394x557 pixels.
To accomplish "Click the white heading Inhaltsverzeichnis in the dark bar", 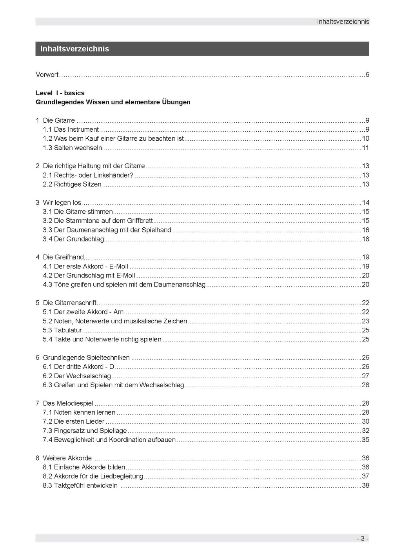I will click(74, 49).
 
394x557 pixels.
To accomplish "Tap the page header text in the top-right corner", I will click(343, 22).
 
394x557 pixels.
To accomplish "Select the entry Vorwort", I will click(47, 75).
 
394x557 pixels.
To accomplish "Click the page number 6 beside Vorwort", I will click(367, 75).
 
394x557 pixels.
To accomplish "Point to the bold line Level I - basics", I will click(60, 93).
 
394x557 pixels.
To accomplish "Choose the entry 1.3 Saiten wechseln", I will click(73, 148).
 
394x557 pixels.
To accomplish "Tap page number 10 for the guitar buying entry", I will click(365, 139).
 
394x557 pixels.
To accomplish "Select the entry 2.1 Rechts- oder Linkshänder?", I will click(88, 175).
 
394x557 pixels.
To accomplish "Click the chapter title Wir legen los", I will click(62, 203).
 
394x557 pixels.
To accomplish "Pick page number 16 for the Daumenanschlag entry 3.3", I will click(365, 230).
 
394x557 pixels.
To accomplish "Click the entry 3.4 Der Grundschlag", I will click(73, 239).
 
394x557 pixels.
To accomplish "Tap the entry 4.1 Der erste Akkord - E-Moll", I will click(85, 267).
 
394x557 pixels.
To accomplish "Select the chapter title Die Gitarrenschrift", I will click(70, 303).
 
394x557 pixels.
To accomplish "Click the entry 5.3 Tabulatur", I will click(62, 330).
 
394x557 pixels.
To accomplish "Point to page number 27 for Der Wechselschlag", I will click(365, 376).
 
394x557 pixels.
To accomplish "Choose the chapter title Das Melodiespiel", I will click(68, 403).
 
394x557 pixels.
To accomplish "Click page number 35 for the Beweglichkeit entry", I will click(365, 440).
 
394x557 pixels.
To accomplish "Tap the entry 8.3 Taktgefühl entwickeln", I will click(80, 486).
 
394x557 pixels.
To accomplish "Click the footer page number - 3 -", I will click(362, 539).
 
